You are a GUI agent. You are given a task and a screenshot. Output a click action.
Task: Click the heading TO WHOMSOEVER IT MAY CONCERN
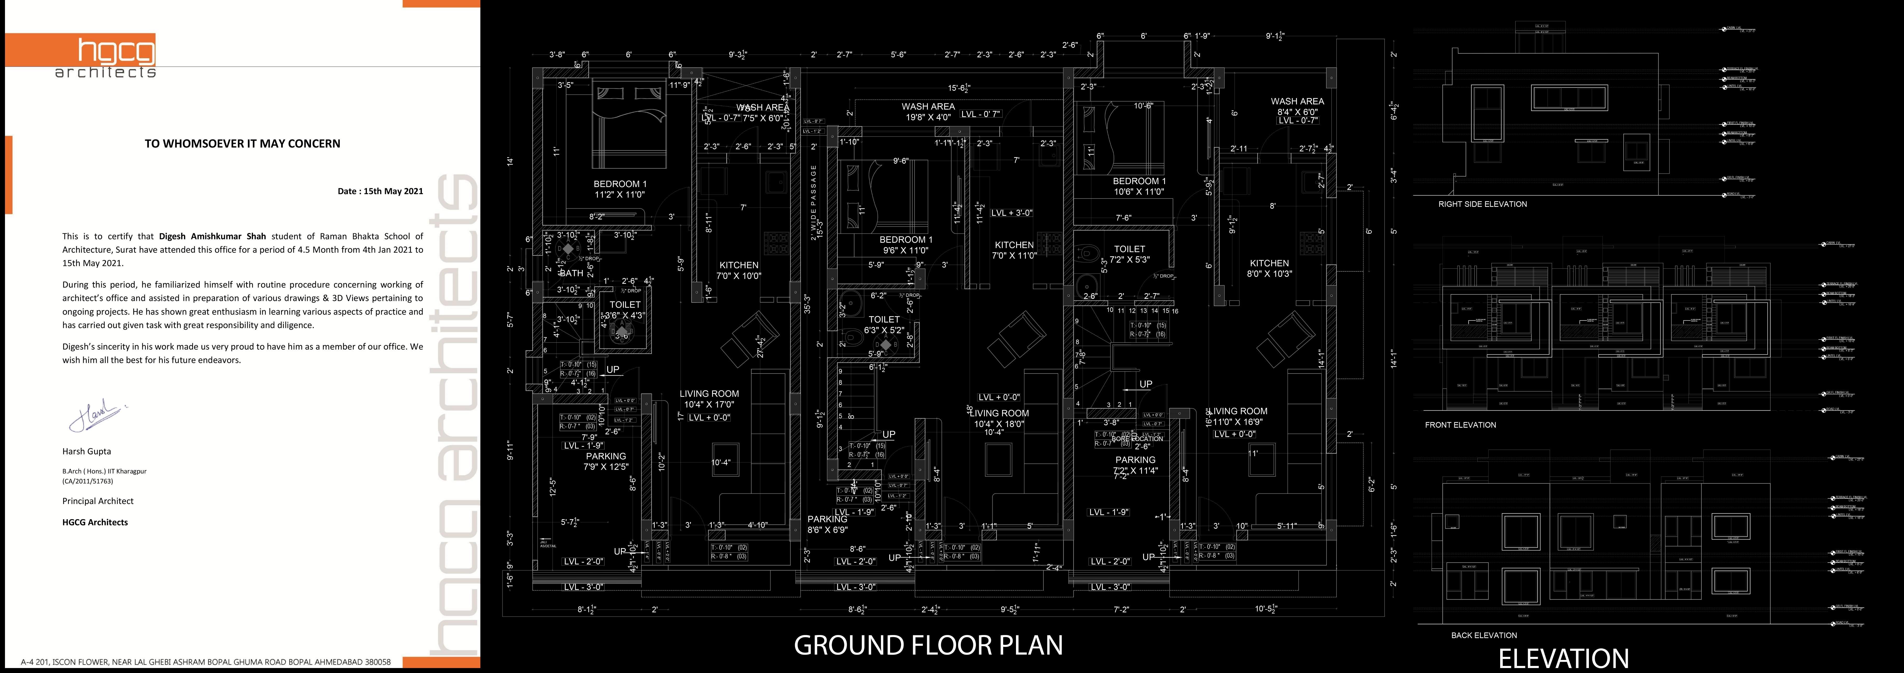tap(242, 143)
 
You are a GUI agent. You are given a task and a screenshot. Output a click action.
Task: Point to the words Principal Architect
tap(98, 501)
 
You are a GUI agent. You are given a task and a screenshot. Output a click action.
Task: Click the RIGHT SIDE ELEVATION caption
tap(1482, 204)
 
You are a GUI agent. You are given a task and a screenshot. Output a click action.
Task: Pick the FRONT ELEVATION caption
tap(1460, 425)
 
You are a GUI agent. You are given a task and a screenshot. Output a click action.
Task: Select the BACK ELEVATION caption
tap(1483, 635)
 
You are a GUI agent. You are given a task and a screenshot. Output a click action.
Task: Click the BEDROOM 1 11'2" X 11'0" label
tap(620, 189)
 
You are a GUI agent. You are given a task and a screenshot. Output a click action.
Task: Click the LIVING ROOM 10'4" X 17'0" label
tap(709, 399)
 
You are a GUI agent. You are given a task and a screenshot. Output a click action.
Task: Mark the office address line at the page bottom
tap(205, 662)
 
